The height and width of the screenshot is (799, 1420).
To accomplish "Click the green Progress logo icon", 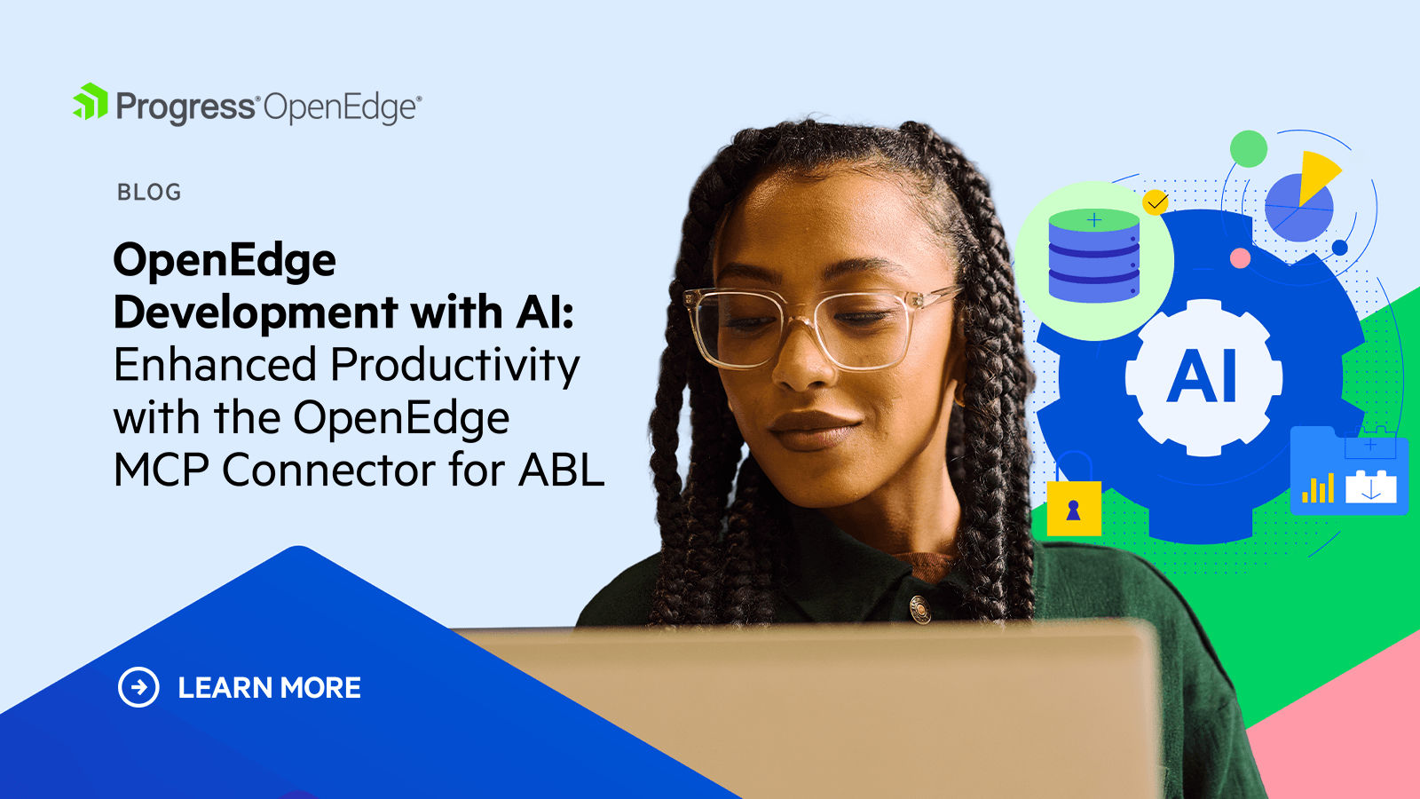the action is click(91, 101).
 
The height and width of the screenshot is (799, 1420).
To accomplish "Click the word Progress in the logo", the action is click(185, 107).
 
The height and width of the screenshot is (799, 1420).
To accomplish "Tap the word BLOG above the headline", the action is click(149, 192).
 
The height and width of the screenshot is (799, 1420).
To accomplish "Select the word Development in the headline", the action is click(256, 312).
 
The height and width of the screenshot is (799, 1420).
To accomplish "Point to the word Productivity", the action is click(455, 366).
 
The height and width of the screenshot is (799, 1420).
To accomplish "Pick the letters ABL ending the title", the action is click(561, 470).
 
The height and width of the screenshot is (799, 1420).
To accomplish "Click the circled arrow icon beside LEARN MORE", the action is click(138, 687).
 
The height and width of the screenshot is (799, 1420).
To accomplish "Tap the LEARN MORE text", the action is click(270, 688).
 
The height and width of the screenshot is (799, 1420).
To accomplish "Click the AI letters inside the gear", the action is click(1202, 376).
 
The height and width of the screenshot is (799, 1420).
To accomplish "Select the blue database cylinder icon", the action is click(1094, 256).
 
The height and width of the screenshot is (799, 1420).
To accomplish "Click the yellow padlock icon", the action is click(1074, 494).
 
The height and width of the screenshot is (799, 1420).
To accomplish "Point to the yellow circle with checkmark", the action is click(1156, 202).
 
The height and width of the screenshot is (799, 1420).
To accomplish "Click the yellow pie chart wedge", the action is click(1317, 177).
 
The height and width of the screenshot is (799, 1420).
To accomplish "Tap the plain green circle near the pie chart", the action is click(1249, 149).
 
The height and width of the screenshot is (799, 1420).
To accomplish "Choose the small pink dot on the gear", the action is click(1240, 258).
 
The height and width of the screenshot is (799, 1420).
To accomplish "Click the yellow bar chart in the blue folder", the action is click(1318, 488).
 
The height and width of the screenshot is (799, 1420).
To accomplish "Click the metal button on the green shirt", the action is click(919, 608).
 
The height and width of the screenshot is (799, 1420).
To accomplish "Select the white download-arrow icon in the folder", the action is click(1370, 487).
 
